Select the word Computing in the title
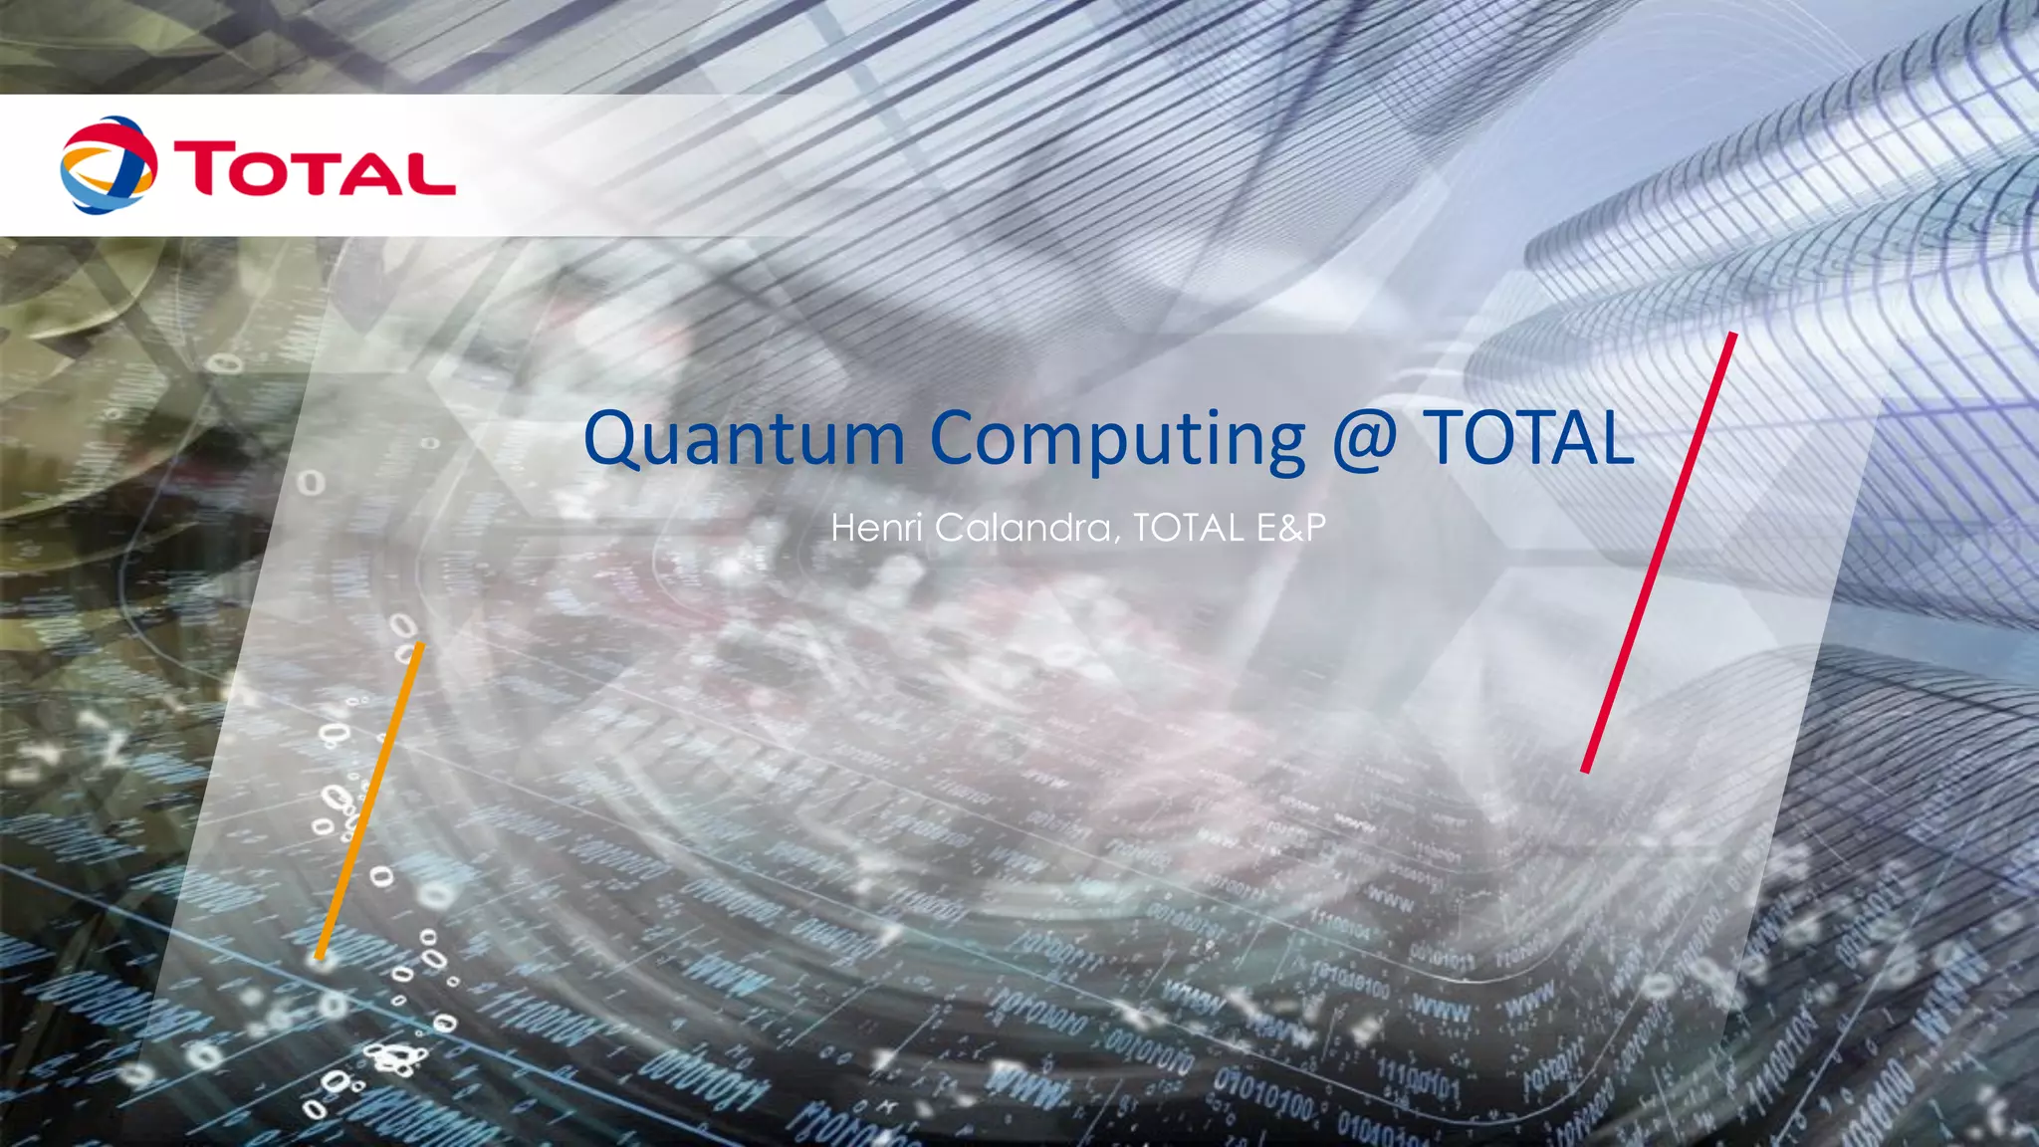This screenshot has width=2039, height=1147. point(1117,440)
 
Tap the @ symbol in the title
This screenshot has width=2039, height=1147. point(1364,439)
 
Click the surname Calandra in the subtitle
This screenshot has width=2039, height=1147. point(1023,527)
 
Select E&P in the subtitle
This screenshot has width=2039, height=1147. point(1291,527)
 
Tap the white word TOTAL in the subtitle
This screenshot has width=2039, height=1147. point(1188,527)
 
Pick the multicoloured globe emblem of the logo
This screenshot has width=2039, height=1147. point(109,165)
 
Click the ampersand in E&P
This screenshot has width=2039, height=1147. point(1291,527)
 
